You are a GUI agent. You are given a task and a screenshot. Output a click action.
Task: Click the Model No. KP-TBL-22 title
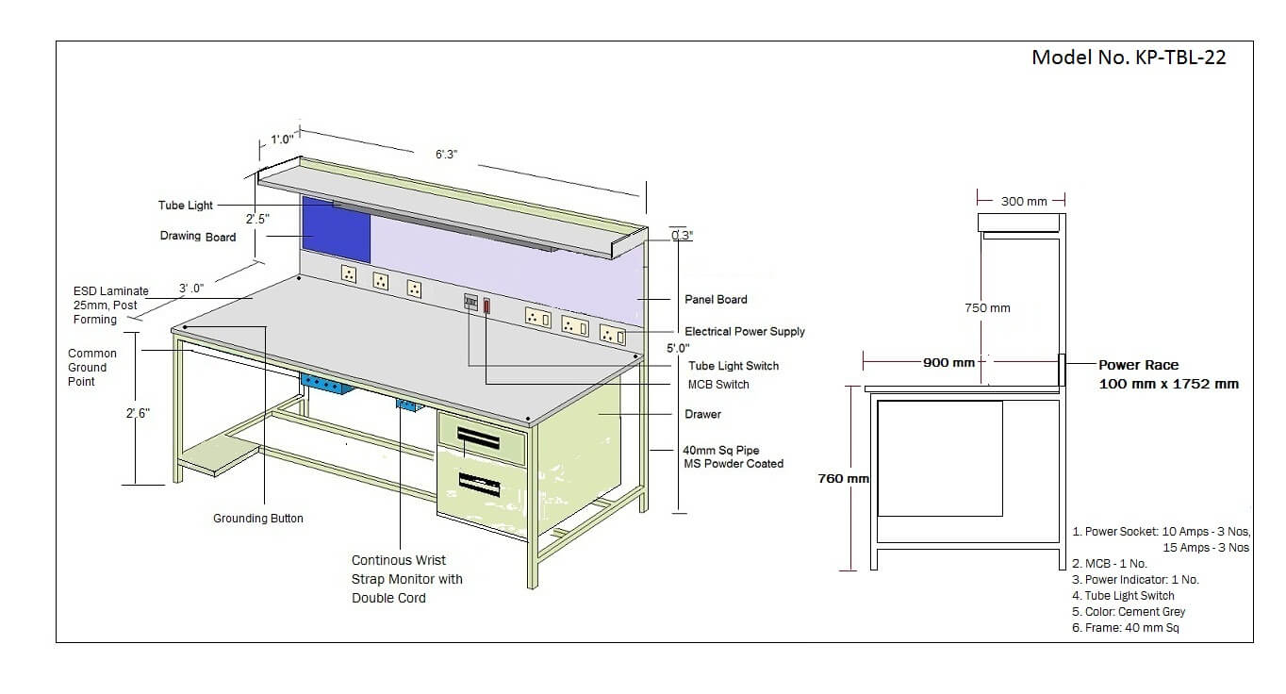pyautogui.click(x=1129, y=58)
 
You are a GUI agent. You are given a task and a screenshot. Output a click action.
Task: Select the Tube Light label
pyautogui.click(x=186, y=206)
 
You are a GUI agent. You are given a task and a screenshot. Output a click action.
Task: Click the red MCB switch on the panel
pyautogui.click(x=486, y=306)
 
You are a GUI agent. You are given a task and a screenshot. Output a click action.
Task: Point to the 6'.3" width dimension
pyautogui.click(x=446, y=155)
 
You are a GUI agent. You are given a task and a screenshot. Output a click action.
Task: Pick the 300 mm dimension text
pyautogui.click(x=1024, y=202)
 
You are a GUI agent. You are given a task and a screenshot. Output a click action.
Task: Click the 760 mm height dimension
pyautogui.click(x=844, y=478)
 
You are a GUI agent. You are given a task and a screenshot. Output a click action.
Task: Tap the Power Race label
pyautogui.click(x=1139, y=365)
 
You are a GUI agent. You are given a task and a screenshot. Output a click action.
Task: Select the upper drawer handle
pyautogui.click(x=478, y=439)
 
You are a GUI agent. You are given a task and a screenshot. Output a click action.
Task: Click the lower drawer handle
pyautogui.click(x=479, y=485)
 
